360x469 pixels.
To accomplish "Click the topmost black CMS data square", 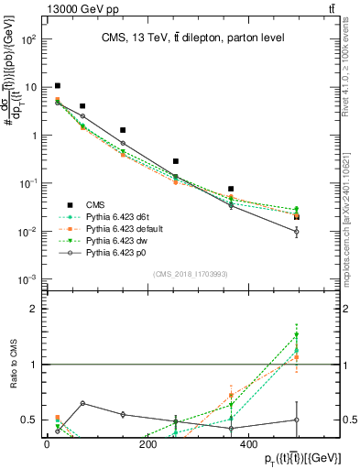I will click(58, 86).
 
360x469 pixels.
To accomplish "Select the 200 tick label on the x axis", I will click(148, 445).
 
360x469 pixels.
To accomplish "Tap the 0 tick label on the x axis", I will click(48, 445).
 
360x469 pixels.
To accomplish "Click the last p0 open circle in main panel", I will click(296, 232).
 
